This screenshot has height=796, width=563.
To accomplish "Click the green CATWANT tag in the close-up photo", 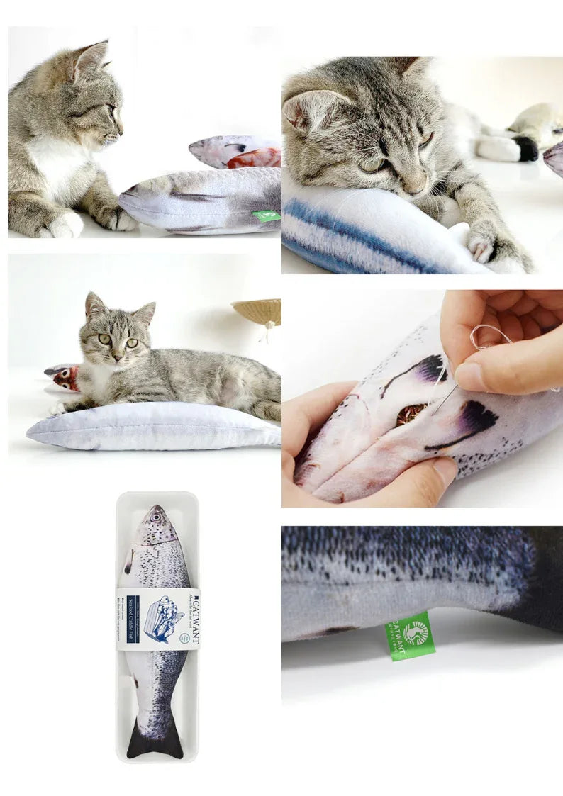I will (410, 635).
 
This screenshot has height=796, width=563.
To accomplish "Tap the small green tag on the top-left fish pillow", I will (267, 215).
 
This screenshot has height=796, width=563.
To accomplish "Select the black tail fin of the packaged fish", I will (155, 741).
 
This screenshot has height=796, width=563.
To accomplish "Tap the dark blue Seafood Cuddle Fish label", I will (133, 619).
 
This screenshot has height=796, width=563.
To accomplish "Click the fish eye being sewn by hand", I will (411, 414).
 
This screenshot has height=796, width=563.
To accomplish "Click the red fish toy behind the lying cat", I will (65, 377).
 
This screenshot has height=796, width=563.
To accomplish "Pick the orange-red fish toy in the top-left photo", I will (254, 157).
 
